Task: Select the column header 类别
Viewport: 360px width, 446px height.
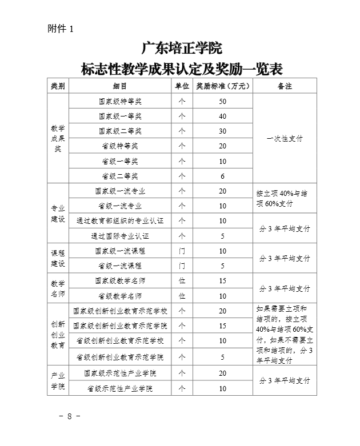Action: pyautogui.click(x=58, y=86)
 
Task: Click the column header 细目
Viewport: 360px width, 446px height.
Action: pyautogui.click(x=120, y=86)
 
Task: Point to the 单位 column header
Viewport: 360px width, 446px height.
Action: pyautogui.click(x=182, y=86)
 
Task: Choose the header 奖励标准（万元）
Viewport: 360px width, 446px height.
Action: pyautogui.click(x=223, y=86)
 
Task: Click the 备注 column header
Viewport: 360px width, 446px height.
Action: pyautogui.click(x=285, y=86)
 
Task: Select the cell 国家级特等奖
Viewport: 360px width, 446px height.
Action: pyautogui.click(x=120, y=102)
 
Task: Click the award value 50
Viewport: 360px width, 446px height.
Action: pyautogui.click(x=223, y=102)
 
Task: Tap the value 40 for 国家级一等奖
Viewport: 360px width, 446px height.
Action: pyautogui.click(x=223, y=116)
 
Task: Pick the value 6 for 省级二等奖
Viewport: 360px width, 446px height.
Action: pyautogui.click(x=223, y=176)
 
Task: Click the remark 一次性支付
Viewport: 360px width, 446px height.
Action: pyautogui.click(x=285, y=139)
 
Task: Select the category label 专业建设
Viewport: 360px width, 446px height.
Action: pyautogui.click(x=58, y=214)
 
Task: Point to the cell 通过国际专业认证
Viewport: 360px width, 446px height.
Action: pyautogui.click(x=120, y=236)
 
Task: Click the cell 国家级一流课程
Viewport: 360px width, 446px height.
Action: pyautogui.click(x=120, y=251)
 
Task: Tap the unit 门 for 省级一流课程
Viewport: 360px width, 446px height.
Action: pyautogui.click(x=182, y=266)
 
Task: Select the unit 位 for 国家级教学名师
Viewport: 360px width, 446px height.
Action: pyautogui.click(x=182, y=281)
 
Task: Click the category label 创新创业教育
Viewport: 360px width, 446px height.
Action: pyautogui.click(x=58, y=334)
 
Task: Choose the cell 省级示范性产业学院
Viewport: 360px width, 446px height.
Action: pyautogui.click(x=120, y=389)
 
